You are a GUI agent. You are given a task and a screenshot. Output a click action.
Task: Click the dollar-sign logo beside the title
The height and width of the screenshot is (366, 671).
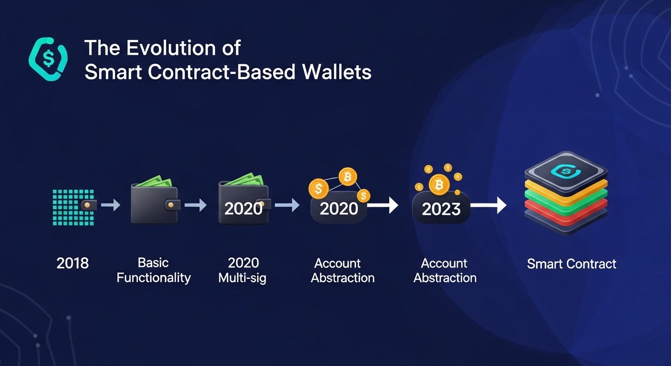click(48, 59)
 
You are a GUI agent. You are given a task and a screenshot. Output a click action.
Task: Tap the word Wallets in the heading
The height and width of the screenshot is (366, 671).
click(337, 72)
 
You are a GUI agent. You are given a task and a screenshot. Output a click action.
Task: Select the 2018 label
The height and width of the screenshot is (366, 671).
click(72, 263)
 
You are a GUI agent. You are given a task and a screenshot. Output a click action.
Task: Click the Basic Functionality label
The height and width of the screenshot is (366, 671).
click(153, 270)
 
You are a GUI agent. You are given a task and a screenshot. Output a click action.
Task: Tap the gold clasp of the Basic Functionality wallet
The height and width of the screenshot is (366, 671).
click(171, 205)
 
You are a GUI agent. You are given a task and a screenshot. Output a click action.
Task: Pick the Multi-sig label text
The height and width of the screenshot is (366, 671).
click(242, 278)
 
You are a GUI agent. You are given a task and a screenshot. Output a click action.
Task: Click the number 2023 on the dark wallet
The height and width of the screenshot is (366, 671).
click(441, 209)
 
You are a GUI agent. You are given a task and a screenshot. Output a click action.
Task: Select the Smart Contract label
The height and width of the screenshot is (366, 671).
click(571, 264)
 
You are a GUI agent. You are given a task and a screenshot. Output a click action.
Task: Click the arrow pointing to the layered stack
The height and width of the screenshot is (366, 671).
click(488, 205)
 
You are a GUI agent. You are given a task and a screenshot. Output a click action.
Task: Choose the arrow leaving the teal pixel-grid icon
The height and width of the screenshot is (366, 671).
click(111, 205)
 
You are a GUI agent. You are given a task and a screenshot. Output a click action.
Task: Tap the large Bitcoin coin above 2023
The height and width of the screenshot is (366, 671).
click(439, 184)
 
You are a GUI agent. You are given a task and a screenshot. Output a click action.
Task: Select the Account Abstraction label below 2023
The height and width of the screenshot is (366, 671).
click(445, 271)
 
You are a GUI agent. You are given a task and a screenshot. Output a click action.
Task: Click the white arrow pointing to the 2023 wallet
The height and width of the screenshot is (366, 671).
click(383, 205)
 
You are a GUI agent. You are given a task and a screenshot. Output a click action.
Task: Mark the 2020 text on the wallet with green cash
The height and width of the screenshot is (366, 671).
click(243, 208)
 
